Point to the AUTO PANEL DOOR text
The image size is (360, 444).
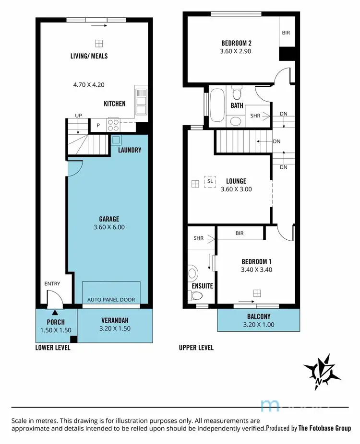coord(111,300)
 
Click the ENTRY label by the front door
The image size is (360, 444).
coord(52,284)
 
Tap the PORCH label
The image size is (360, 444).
coord(56,322)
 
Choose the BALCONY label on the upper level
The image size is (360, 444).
coord(259,316)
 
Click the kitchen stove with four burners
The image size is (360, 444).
coord(114,125)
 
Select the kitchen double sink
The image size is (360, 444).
coord(141,101)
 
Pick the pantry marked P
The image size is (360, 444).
coord(98,126)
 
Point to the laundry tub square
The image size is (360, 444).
coord(116,140)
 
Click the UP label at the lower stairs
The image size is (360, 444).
coord(78,116)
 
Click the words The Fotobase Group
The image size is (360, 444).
coord(324,428)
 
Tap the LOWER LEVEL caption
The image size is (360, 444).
coord(53,348)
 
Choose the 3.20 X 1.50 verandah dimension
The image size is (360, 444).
coord(115,328)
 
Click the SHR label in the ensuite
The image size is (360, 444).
coord(199,238)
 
